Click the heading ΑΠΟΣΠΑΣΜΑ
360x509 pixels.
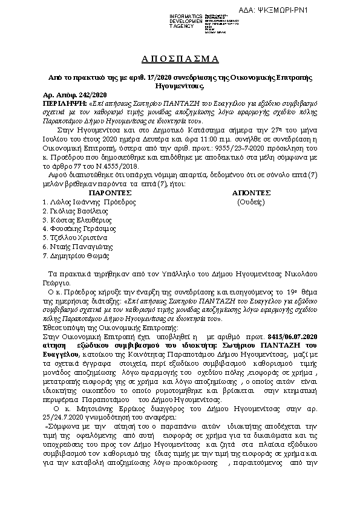click(179, 59)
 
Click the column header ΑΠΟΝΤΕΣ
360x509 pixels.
click(250, 192)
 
